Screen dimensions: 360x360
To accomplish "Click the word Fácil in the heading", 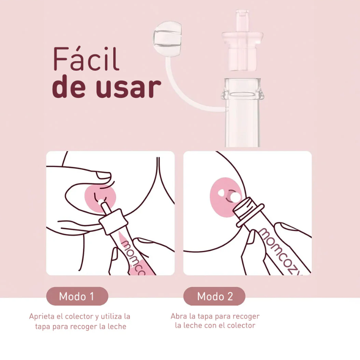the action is [86, 59].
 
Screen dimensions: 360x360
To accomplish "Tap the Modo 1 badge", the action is [77, 296].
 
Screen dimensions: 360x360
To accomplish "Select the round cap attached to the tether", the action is [168, 39].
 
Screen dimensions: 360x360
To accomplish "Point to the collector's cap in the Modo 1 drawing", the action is [113, 221].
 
